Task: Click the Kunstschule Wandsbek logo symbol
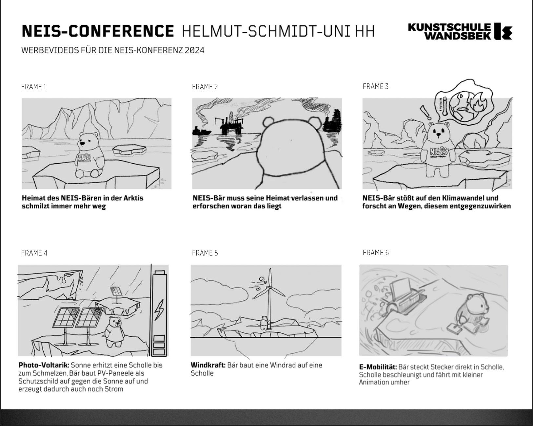503,31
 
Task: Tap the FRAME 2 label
205,87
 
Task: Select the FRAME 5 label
205,253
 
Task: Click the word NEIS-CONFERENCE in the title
98,31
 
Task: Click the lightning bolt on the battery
159,309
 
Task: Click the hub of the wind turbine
270,288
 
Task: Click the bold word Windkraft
208,365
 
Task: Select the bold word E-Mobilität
378,367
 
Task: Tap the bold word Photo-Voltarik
44,365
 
